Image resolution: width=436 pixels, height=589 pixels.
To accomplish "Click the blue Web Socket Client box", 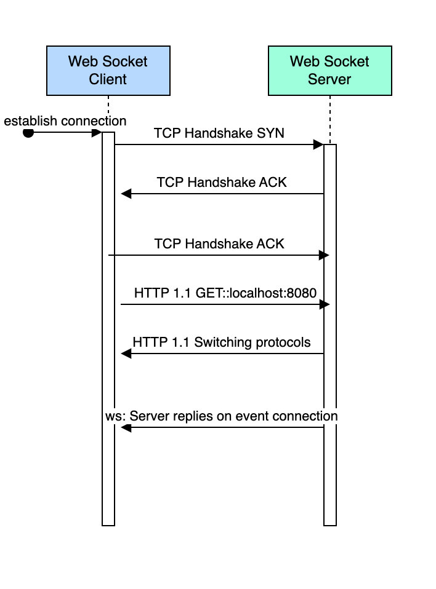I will coord(108,70).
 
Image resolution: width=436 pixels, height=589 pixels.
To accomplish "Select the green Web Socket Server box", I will coord(329,70).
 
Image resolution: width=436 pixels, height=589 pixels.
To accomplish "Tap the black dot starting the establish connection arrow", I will coord(28,133).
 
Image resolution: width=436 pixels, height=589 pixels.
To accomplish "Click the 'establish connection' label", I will coord(65,121).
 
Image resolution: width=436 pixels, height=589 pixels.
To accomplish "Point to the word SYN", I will coord(271,133).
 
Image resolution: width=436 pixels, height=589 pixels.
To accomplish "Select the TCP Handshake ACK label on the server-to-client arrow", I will coord(222,183).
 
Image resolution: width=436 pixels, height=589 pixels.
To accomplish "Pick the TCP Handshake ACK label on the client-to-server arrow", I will coord(219,244).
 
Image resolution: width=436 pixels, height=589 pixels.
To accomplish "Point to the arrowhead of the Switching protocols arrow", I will coord(126,354).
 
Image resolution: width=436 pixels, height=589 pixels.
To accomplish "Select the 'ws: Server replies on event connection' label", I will coord(222,416).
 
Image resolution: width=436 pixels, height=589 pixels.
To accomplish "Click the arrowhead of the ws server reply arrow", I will coord(126,427).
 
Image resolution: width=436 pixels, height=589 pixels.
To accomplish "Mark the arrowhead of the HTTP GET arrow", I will coord(325,304).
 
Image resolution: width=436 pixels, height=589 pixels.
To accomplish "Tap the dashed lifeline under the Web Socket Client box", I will coord(108,111).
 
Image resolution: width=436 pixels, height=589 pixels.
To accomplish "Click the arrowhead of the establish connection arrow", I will coord(97,133).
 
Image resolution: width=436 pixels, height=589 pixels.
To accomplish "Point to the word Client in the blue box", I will coord(108,79).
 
